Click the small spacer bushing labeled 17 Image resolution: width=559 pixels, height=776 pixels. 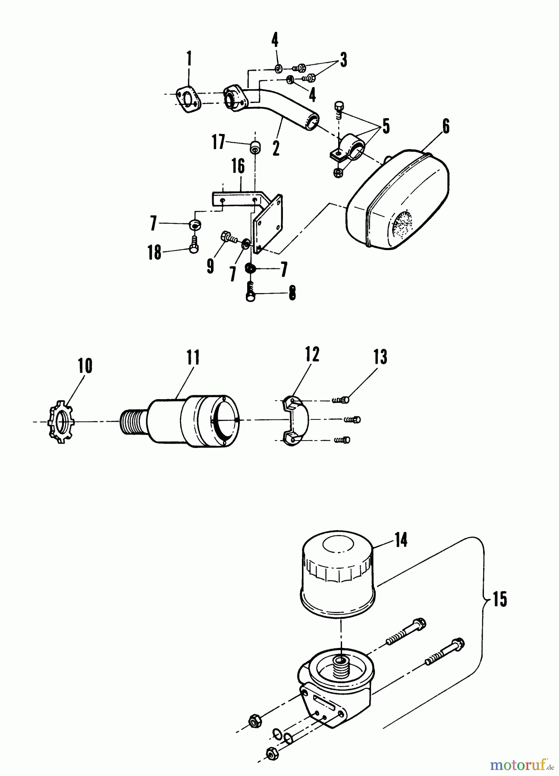coord(255,146)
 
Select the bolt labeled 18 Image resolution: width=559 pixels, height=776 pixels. coord(193,243)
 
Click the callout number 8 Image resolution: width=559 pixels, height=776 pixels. coord(292,294)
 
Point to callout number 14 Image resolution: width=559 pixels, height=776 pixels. coord(401,539)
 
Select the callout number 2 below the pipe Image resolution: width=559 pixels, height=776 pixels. coord(276,147)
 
